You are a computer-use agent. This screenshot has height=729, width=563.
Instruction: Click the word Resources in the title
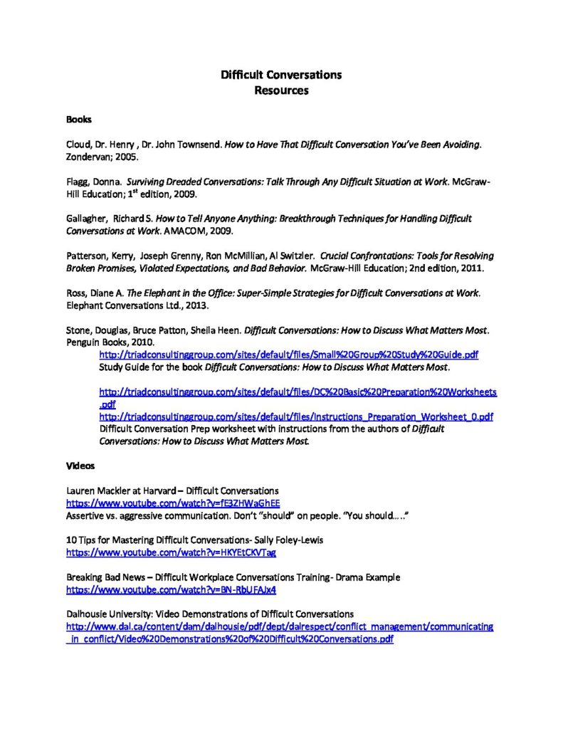pyautogui.click(x=281, y=90)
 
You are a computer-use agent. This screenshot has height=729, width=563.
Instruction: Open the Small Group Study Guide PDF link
pyautogui.click(x=288, y=354)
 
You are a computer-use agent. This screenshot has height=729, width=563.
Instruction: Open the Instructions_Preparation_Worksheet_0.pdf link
pyautogui.click(x=296, y=416)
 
